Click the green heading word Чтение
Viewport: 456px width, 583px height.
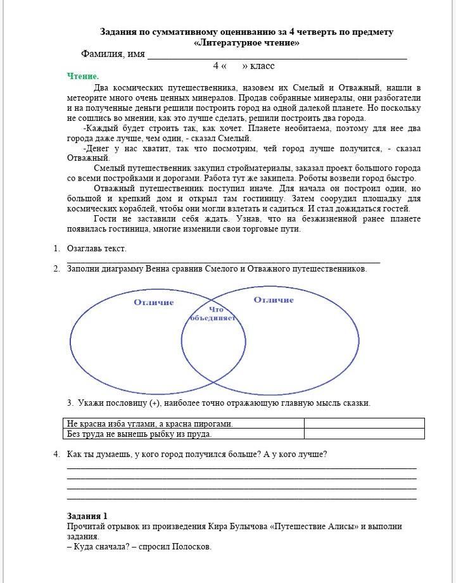click(x=83, y=77)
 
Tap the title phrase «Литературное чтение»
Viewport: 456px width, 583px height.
click(x=246, y=43)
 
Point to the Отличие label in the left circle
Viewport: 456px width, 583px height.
click(x=153, y=303)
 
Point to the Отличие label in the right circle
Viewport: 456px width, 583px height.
click(x=274, y=300)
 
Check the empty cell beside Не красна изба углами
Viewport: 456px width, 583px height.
click(x=364, y=423)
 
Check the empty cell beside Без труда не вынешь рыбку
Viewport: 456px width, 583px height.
click(x=364, y=434)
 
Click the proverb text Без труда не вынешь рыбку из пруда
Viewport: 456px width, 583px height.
click(x=139, y=434)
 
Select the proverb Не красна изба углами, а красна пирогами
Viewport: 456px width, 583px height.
click(x=149, y=424)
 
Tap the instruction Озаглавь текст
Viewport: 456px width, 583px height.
click(x=97, y=249)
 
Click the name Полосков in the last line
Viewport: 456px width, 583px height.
click(x=191, y=547)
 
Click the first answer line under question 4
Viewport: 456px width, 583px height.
click(x=241, y=468)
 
